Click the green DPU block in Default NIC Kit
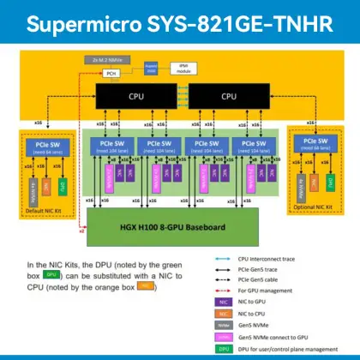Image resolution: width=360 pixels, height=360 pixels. click(63, 184)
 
